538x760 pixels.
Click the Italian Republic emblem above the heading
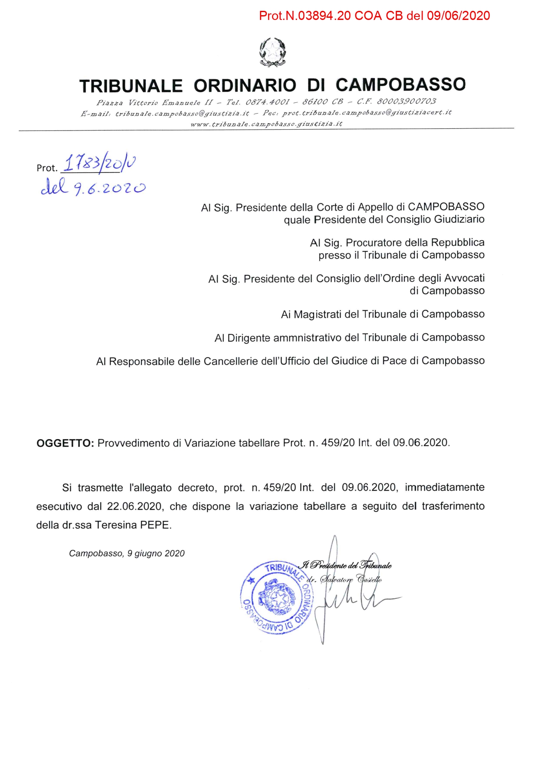272,52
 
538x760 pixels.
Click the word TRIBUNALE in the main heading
131,86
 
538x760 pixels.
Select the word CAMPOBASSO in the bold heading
400,85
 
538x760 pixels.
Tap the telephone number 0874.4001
267,102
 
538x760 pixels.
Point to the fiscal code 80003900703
407,101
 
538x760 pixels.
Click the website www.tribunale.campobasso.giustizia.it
266,124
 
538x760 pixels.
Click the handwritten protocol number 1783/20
99,163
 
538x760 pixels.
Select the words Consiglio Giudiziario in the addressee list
435,219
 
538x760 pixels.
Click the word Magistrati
318,314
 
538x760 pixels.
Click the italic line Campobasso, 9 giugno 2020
127,554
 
